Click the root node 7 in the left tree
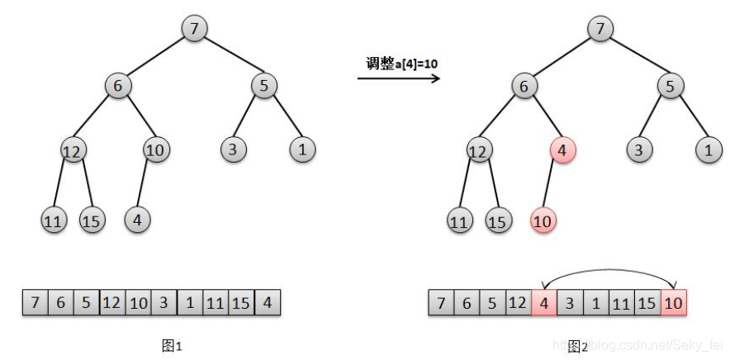[x=195, y=29]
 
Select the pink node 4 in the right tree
[x=562, y=151]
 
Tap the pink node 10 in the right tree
[x=543, y=220]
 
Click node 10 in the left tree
[x=156, y=150]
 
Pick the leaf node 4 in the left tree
[x=137, y=220]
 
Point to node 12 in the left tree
[x=73, y=151]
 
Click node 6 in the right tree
[x=524, y=85]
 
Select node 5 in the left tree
[x=264, y=85]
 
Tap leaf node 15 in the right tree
[x=497, y=220]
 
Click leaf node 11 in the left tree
[x=54, y=220]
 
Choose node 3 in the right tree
[x=638, y=150]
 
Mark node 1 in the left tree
[x=302, y=150]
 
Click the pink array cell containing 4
[x=543, y=303]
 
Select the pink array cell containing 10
[x=673, y=303]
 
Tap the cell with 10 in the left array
[x=138, y=303]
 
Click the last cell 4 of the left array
[x=268, y=303]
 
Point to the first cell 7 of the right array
[x=441, y=303]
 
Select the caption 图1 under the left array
[x=172, y=346]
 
